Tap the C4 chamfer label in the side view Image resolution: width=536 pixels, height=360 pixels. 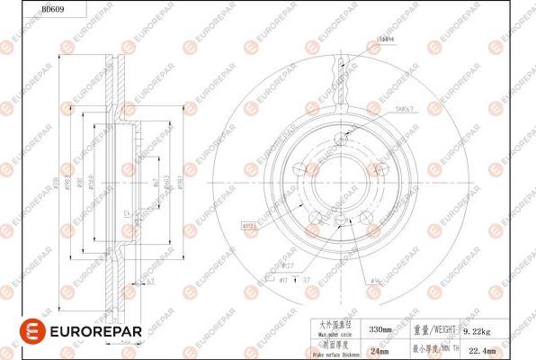pyautogui.click(x=128, y=213)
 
